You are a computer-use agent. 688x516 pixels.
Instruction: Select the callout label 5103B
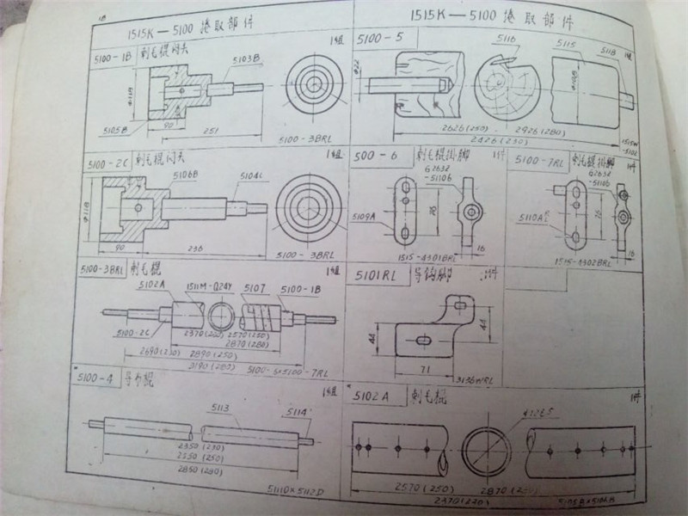(246, 58)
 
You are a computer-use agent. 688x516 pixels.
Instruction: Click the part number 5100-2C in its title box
(107, 161)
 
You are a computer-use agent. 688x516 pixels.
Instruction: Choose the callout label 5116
(506, 40)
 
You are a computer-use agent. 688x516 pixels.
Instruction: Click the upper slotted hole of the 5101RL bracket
(461, 304)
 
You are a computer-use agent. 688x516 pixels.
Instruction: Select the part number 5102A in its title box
(372, 396)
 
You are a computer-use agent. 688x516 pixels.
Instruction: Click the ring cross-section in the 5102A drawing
(486, 450)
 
